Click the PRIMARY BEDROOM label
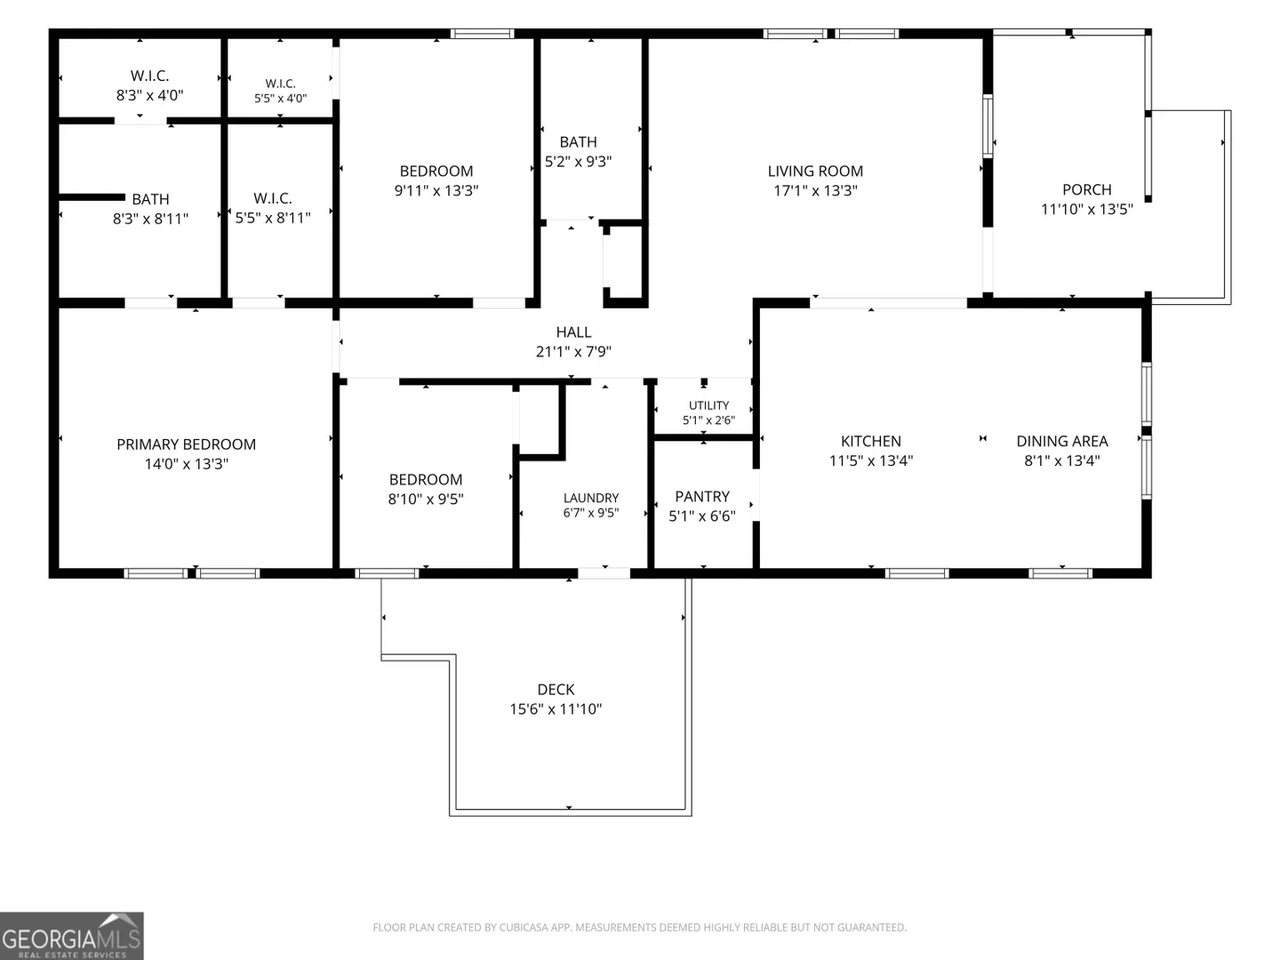coord(186,444)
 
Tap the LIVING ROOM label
coord(815,172)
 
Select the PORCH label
coord(1087,190)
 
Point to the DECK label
coord(556,690)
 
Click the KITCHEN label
coord(870,441)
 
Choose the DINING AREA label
coord(1062,441)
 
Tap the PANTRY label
coord(702,497)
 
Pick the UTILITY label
coord(708,405)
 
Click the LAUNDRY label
coord(591,498)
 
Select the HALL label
coord(574,332)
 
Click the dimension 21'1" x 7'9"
coord(574,351)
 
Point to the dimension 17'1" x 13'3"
coord(815,190)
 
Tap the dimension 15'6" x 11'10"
coord(556,708)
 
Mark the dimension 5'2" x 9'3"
coord(578,162)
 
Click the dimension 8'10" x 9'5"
coord(426,499)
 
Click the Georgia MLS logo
coord(72,936)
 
